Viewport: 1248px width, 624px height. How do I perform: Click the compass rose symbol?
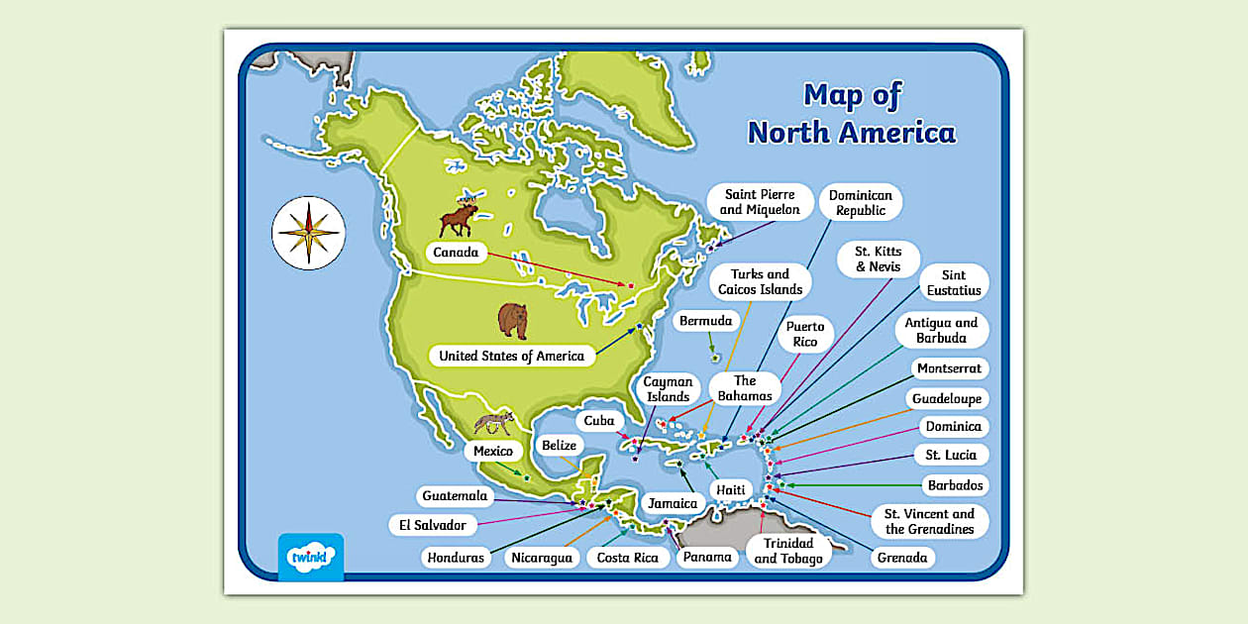pyautogui.click(x=309, y=233)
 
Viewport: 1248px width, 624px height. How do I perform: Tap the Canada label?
pyautogui.click(x=456, y=253)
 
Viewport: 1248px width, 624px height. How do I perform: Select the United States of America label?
pyautogui.click(x=511, y=356)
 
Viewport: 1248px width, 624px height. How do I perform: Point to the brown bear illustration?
pyautogui.click(x=513, y=320)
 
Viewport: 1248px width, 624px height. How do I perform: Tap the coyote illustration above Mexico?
pyautogui.click(x=492, y=423)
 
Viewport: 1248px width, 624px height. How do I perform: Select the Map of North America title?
pyautogui.click(x=851, y=114)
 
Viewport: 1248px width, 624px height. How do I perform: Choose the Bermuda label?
pyautogui.click(x=705, y=321)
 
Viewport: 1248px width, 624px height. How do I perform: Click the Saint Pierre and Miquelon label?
pyautogui.click(x=760, y=202)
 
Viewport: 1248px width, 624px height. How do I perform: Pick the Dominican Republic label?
pyautogui.click(x=860, y=203)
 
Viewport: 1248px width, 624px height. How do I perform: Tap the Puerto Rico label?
pyautogui.click(x=805, y=335)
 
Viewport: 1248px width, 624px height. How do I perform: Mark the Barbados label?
pyautogui.click(x=955, y=485)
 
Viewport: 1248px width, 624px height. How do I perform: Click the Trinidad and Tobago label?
pyautogui.click(x=788, y=551)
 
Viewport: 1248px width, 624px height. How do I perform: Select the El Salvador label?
pyautogui.click(x=433, y=525)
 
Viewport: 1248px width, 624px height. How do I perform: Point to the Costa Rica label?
pyautogui.click(x=627, y=558)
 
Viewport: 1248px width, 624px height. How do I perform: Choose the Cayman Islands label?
pyautogui.click(x=668, y=389)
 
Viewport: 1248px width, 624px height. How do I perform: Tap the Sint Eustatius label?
pyautogui.click(x=954, y=282)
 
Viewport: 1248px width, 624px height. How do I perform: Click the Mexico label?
pyautogui.click(x=492, y=452)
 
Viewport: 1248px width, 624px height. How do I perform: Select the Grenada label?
pyautogui.click(x=901, y=558)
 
